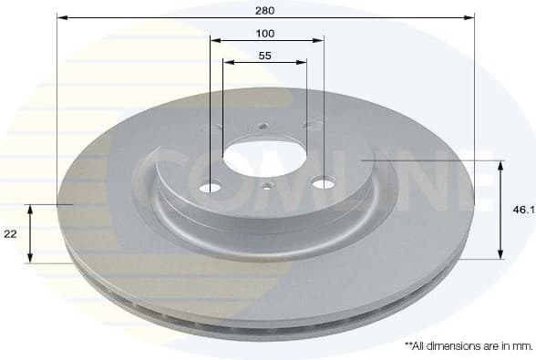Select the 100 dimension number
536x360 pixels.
click(265, 33)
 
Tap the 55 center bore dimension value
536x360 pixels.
click(265, 56)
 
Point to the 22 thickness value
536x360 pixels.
click(10, 234)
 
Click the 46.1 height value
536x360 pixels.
click(523, 209)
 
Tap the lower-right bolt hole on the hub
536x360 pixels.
click(324, 184)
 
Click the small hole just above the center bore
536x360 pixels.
click(262, 127)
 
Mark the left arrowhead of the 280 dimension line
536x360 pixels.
click(61, 16)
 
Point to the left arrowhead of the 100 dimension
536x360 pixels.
click(214, 39)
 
